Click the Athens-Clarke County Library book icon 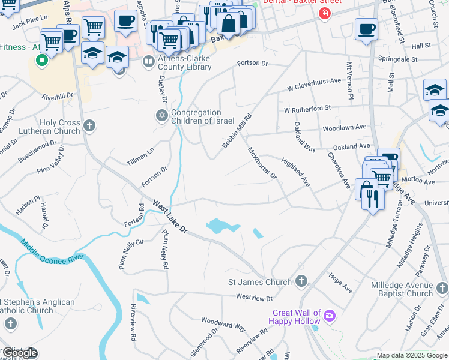148,62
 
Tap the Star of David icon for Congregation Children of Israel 161,116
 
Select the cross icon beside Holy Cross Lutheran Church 89,125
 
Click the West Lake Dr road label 170,217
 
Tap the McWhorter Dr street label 262,164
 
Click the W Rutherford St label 307,109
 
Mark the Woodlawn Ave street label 344,127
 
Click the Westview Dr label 254,297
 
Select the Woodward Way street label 223,325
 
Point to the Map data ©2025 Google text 412,356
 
